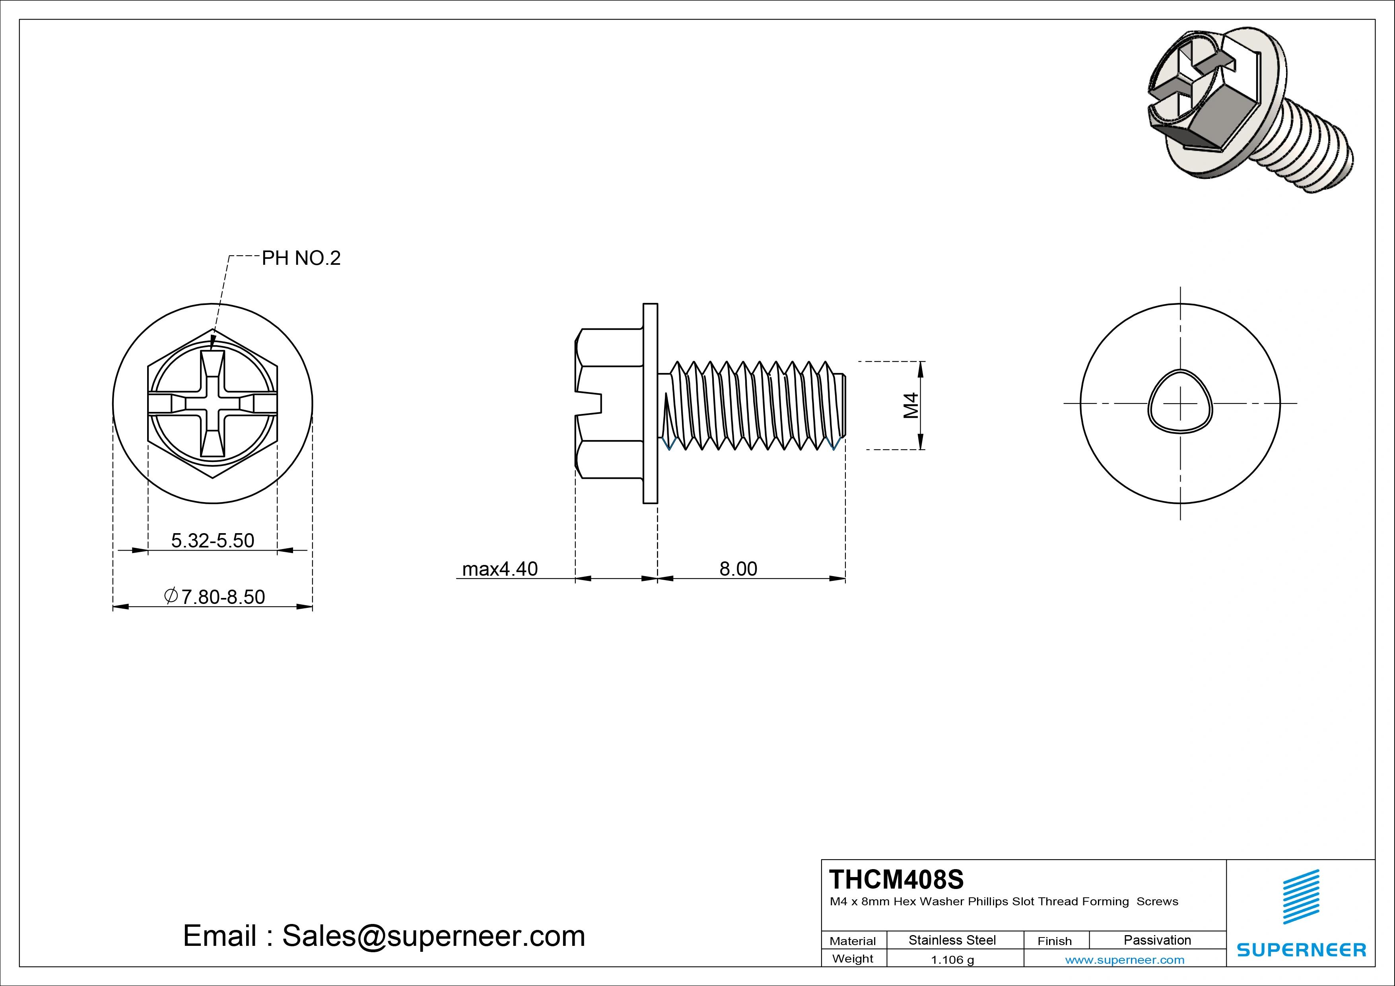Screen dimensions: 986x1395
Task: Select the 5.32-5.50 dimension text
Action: [x=213, y=540]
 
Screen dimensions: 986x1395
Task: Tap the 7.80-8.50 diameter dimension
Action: [x=215, y=597]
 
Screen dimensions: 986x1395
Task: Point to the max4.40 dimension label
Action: [x=499, y=569]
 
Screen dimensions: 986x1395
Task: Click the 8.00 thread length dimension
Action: [x=738, y=569]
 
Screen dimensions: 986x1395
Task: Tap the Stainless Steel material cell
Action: [x=952, y=940]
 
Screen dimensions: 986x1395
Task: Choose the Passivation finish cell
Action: [x=1157, y=940]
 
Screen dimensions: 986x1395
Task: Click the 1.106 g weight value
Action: [x=952, y=960]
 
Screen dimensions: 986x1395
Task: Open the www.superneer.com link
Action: [x=1125, y=960]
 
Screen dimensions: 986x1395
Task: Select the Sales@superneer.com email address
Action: [x=433, y=936]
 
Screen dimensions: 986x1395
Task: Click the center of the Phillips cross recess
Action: [x=213, y=404]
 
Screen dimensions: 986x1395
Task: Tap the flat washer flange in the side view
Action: [x=650, y=404]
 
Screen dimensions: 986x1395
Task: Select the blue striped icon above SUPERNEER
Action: [x=1301, y=897]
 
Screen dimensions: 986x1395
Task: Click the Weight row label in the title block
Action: [x=853, y=959]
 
